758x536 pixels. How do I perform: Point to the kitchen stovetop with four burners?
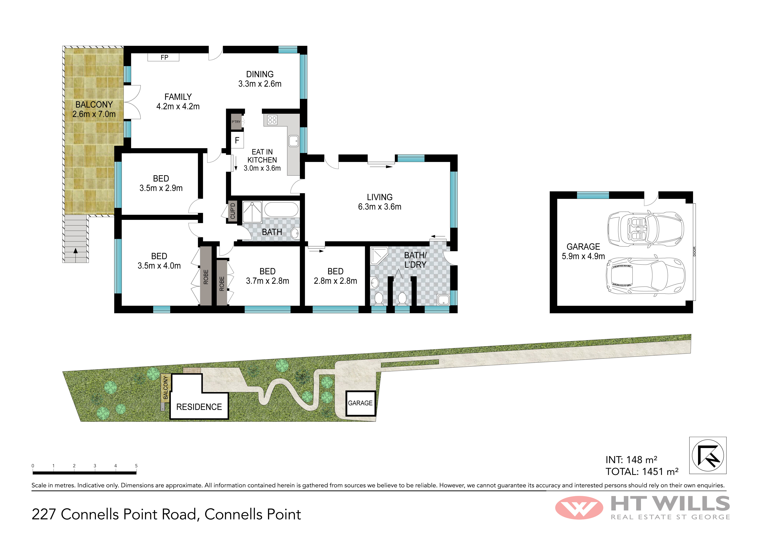pos(272,120)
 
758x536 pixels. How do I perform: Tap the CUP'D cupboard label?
pos(233,211)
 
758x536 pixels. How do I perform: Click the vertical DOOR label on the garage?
pos(694,251)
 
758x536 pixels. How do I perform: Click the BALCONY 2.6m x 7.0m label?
pos(94,109)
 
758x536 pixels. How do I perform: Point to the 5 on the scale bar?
pos(136,466)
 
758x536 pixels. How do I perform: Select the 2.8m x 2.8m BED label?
pos(335,276)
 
